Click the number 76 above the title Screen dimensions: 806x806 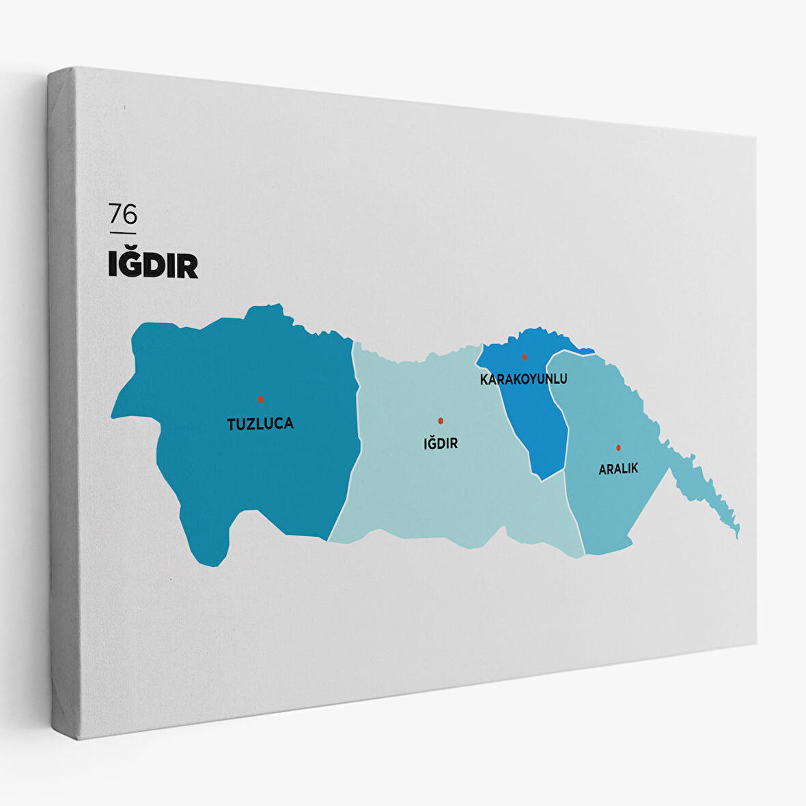pos(123,214)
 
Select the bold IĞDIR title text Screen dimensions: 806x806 pos(153,265)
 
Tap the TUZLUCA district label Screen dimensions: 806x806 pos(260,423)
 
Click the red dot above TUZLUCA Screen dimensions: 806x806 pos(260,399)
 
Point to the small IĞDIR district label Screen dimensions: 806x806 pos(441,444)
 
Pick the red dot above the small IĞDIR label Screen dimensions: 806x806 pos(441,421)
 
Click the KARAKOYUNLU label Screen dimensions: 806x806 pos(523,378)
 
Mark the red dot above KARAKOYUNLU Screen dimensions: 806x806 pos(525,357)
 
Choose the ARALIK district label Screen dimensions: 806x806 pos(618,469)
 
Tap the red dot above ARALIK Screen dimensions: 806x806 pos(618,447)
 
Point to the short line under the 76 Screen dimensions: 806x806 pos(123,233)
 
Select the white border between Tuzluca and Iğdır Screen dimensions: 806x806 pos(357,437)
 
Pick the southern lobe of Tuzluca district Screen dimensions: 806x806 pos(205,540)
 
